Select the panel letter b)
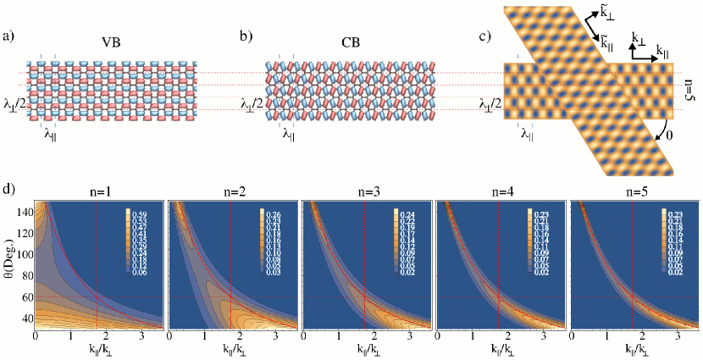(x=246, y=36)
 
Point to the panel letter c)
(x=485, y=36)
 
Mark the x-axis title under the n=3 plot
(x=365, y=347)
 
